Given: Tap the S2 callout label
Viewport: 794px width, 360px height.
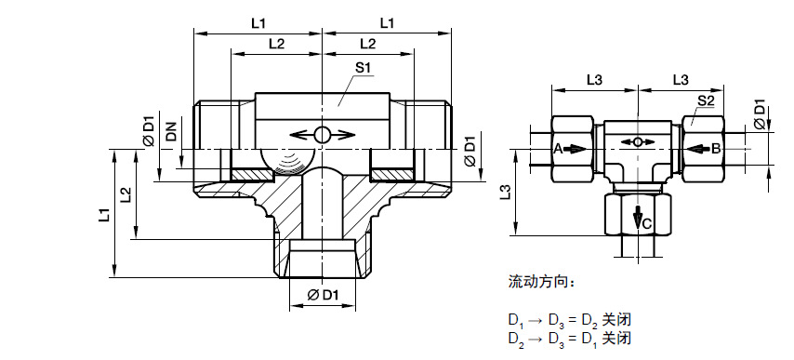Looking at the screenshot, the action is click(x=706, y=100).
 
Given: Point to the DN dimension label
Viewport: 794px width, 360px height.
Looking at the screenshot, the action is click(x=172, y=130).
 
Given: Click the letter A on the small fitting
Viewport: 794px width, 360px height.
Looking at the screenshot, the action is click(x=558, y=149).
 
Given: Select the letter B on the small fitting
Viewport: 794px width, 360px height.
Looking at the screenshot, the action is click(x=716, y=149).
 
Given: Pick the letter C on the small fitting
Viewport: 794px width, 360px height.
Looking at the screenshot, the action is click(x=647, y=223).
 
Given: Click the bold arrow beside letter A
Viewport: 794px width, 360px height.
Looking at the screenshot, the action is click(x=575, y=150).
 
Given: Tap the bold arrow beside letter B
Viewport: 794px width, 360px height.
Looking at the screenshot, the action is click(x=699, y=150).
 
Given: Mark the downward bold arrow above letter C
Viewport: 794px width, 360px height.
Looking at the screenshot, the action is click(x=638, y=216).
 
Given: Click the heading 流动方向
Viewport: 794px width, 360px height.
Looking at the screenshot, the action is click(x=541, y=282).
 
